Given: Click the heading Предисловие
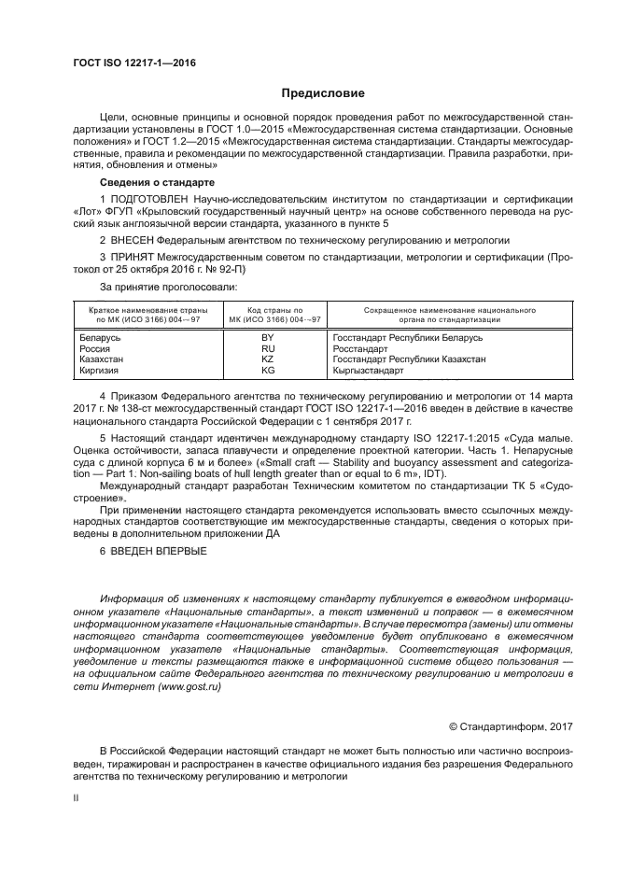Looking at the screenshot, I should (324, 93).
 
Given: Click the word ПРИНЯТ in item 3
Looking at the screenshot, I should (137, 257).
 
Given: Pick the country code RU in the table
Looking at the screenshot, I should (267, 347).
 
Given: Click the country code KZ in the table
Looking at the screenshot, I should (267, 359).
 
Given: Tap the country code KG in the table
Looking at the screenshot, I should (267, 370).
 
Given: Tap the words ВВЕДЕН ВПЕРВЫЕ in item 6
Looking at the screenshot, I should (161, 552).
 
